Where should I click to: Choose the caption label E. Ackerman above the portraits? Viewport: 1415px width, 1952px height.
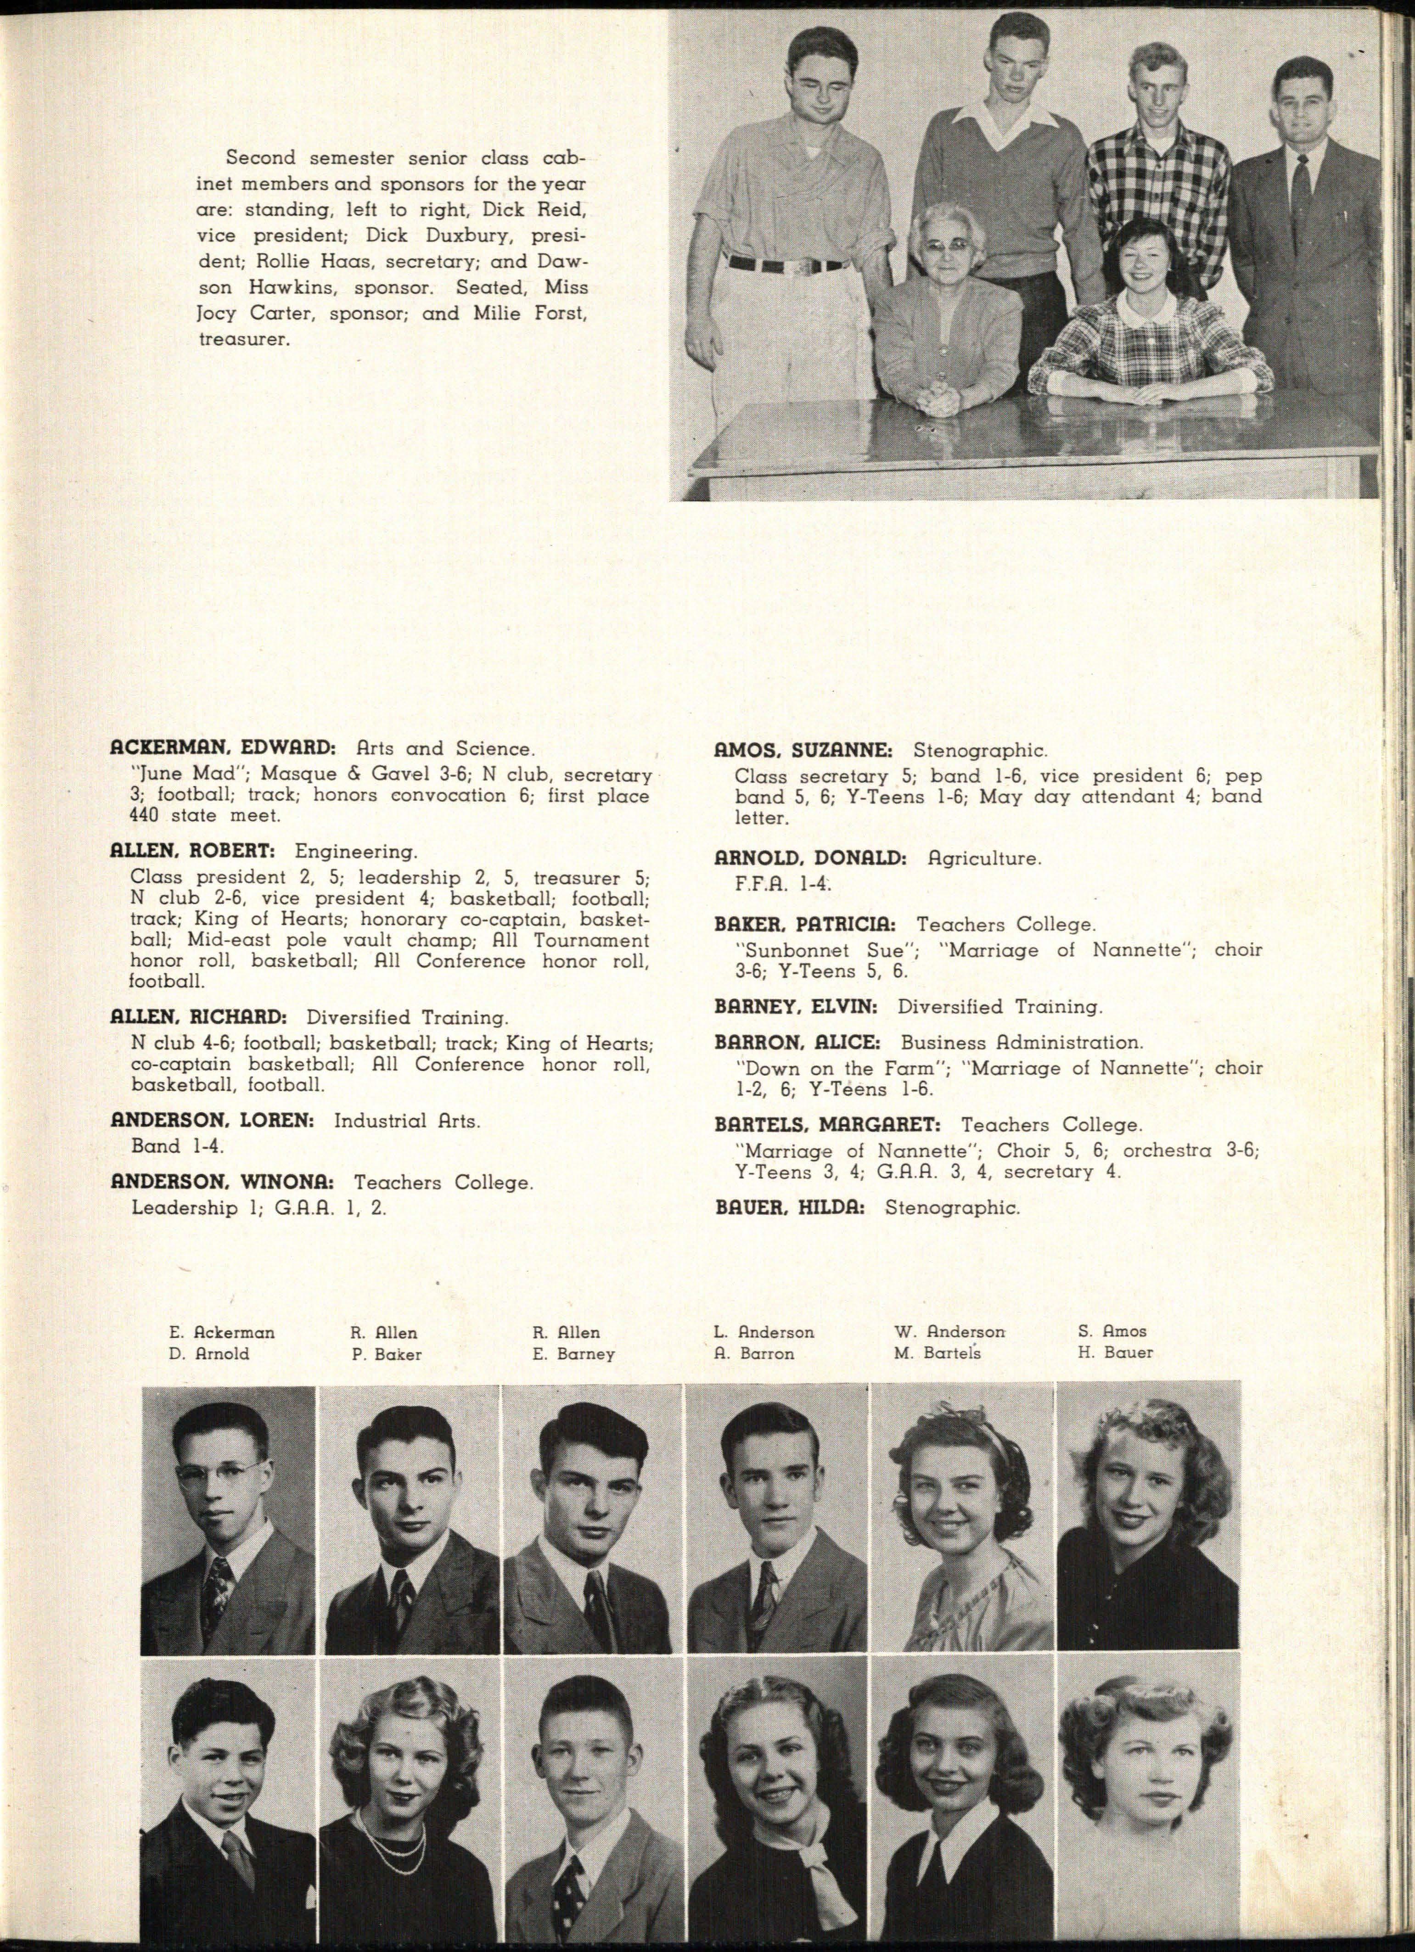coord(222,1332)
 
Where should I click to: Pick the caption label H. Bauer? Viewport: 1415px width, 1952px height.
coord(1116,1353)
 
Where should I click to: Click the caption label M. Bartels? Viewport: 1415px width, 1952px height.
coord(938,1353)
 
